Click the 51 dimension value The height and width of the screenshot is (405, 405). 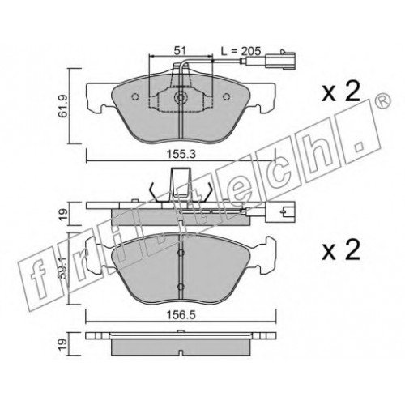(x=181, y=50)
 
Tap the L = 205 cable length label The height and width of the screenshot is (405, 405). (x=241, y=51)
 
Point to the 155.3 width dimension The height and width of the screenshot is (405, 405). (x=181, y=155)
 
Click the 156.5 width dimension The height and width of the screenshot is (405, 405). (x=181, y=315)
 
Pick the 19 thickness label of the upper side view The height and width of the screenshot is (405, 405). (x=63, y=215)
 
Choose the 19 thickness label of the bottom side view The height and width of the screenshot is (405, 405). (x=63, y=344)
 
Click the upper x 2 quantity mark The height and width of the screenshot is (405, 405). (x=341, y=92)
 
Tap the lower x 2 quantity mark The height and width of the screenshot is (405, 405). (x=341, y=250)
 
